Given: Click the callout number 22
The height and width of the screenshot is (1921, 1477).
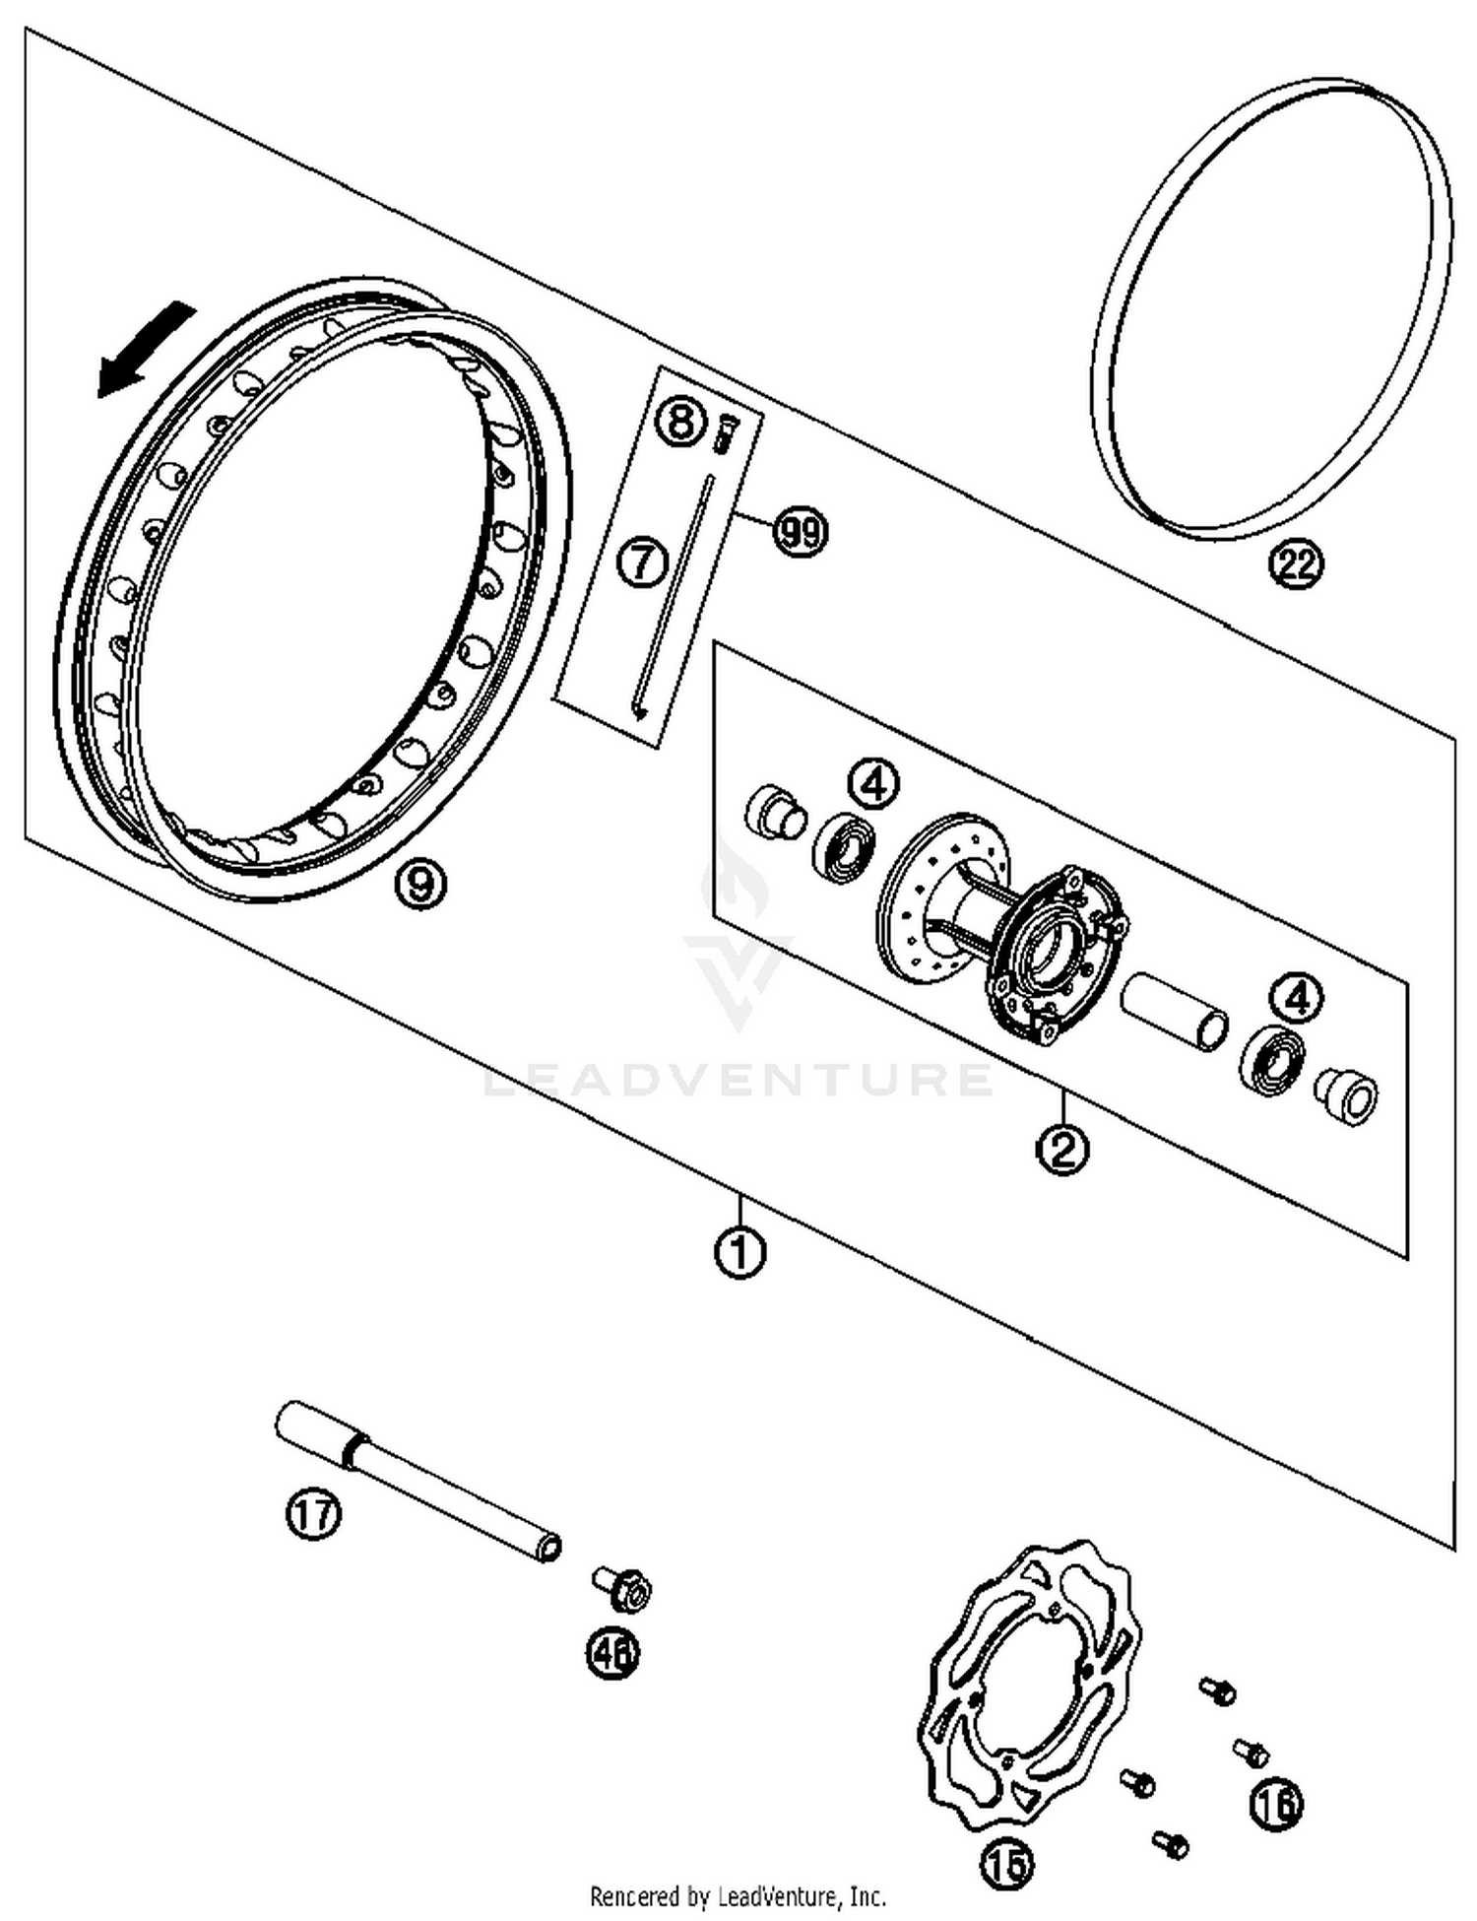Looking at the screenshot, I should point(1296,564).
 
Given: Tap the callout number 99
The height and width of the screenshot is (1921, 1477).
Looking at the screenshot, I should point(801,532).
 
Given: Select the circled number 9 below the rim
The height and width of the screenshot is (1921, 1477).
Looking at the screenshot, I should point(420,884).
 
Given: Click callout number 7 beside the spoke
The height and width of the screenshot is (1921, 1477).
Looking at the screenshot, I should point(642,563).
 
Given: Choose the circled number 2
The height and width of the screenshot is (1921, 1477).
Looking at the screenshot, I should point(1063,1147).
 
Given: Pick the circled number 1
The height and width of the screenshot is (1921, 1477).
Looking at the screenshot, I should point(740,1252).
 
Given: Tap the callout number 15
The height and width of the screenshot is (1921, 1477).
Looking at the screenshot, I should point(1007,1863).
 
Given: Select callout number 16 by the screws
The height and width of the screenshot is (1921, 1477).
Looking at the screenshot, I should point(1276,1804).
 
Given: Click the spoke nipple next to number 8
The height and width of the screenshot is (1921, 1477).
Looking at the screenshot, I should point(725,431).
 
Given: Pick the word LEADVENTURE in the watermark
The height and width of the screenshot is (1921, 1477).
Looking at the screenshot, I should point(738,1079).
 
